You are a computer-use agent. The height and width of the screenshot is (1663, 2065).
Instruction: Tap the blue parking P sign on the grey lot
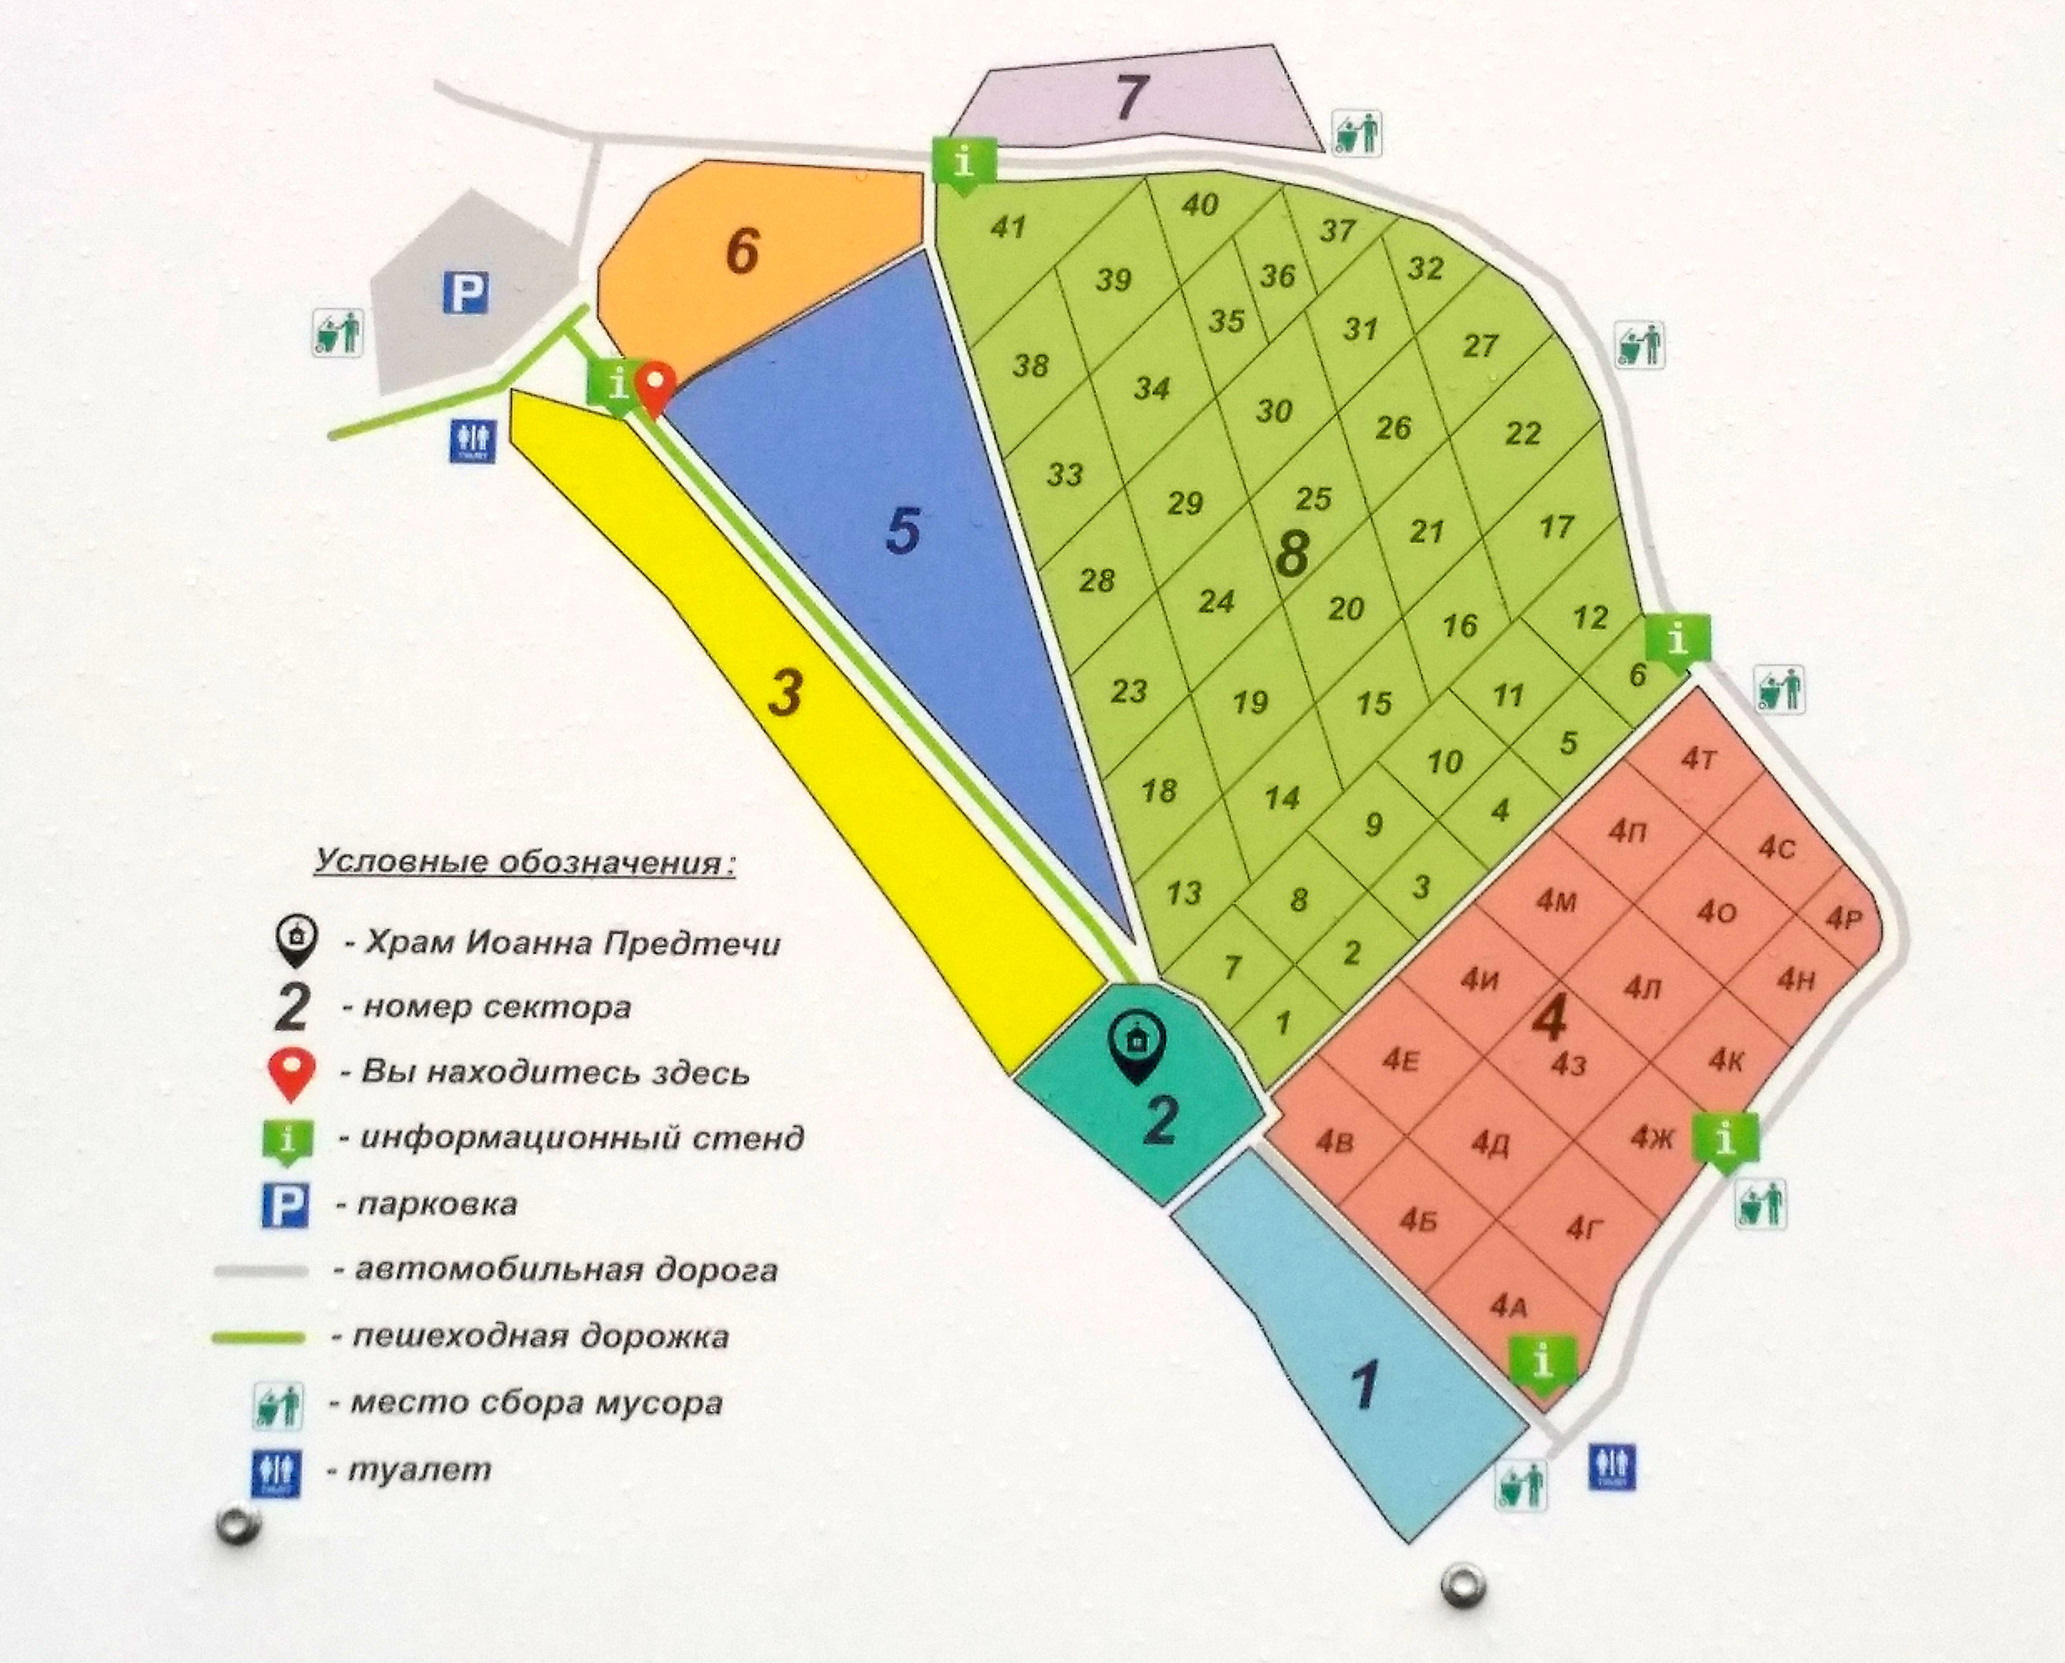tap(465, 292)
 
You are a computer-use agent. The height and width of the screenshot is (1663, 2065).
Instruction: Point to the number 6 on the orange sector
tap(742, 251)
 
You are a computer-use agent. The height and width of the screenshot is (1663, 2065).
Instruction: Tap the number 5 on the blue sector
tap(903, 529)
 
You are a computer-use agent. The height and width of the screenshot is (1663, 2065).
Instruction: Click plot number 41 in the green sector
tap(1009, 227)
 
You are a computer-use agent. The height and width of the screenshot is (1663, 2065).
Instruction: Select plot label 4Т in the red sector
tap(1698, 760)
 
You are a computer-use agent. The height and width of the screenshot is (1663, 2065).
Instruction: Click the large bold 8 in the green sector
tap(1292, 553)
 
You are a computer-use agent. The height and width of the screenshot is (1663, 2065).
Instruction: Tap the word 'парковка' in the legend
tap(437, 1204)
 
